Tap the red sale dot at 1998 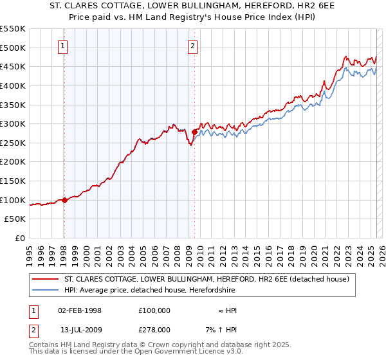tap(64, 200)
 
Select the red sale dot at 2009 tap(194, 132)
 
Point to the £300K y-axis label tap(13, 123)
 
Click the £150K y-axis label tap(13, 181)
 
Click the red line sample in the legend tap(46, 279)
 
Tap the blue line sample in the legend tap(46, 291)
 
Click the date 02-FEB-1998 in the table tap(80, 310)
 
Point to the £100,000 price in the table tap(154, 310)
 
